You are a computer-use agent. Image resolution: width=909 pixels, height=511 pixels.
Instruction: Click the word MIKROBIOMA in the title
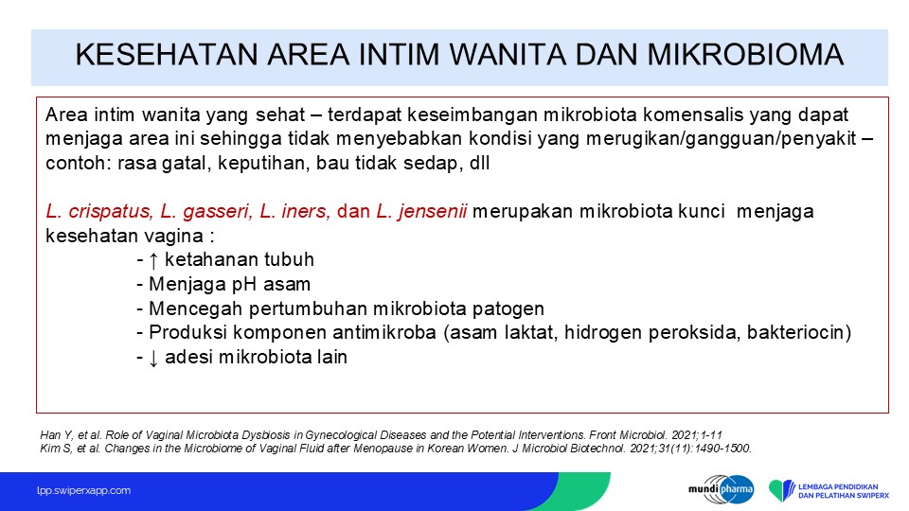(745, 55)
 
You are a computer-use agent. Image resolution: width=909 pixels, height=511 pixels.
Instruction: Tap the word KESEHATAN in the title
(167, 55)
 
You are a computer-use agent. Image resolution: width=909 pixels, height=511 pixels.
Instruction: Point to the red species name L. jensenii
(421, 211)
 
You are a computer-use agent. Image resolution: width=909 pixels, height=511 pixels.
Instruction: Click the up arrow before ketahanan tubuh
(153, 260)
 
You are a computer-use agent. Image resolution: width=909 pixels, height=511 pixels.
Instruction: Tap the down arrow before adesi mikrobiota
(153, 358)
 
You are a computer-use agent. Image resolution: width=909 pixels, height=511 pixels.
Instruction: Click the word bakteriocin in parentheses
(794, 332)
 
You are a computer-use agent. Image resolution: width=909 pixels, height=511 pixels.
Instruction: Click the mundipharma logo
(722, 490)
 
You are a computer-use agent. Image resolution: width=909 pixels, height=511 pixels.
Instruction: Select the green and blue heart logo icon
(782, 490)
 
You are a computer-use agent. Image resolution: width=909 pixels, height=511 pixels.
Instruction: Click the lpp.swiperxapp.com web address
(83, 491)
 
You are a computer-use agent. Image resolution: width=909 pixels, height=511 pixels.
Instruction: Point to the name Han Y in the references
(55, 435)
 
